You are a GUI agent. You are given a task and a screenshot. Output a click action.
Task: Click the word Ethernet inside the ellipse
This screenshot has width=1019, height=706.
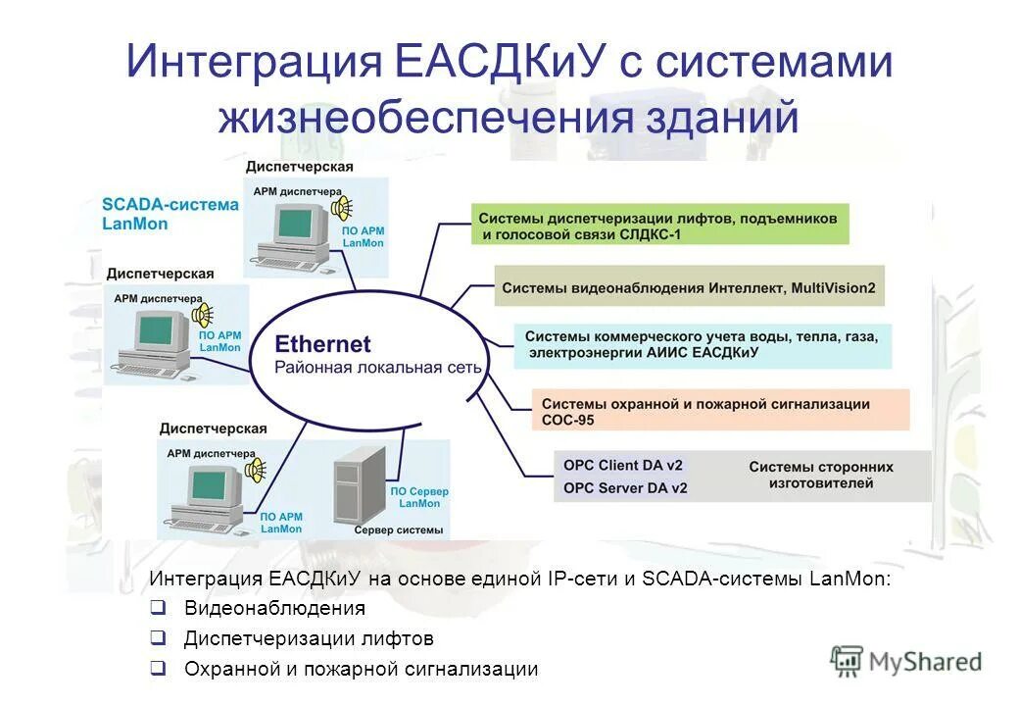322,344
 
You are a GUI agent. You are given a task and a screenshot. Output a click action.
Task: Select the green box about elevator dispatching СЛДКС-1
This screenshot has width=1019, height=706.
659,225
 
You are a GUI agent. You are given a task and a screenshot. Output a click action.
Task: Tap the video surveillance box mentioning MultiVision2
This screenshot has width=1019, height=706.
689,288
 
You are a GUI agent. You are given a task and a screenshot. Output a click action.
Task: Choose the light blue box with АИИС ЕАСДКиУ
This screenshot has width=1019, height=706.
702,344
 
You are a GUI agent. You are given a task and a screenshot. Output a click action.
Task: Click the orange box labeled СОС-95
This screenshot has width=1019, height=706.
720,411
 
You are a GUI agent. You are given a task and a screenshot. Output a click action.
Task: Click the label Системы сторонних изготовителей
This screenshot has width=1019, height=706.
821,476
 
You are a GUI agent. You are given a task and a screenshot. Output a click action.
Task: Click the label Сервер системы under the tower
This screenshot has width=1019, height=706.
399,529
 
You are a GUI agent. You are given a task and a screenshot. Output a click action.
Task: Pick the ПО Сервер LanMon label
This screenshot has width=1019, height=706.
419,496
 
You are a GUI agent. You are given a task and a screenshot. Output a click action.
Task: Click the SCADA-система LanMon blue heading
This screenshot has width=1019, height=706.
170,214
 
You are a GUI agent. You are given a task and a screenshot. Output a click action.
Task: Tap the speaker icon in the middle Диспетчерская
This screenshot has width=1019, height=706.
202,316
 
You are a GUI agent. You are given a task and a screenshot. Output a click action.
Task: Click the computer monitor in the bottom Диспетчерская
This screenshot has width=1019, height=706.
215,484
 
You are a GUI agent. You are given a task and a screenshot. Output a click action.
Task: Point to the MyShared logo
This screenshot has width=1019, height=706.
905,661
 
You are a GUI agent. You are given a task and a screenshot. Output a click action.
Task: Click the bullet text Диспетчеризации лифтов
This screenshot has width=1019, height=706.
309,638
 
